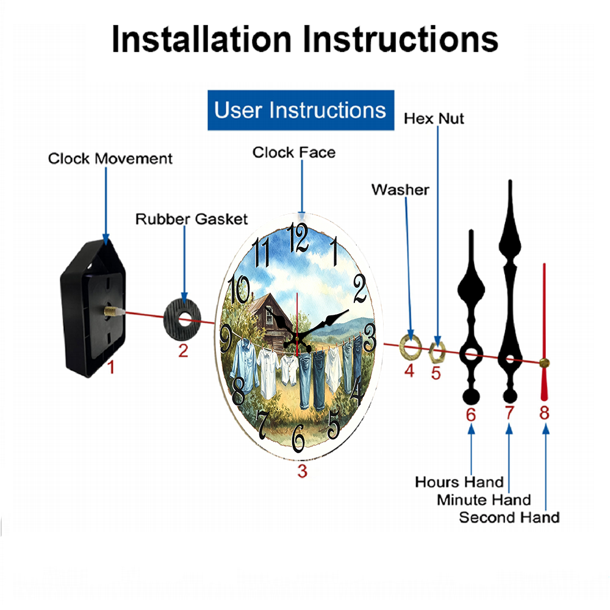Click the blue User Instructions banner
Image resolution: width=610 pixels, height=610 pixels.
point(301,110)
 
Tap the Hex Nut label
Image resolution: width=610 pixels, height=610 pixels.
point(434,119)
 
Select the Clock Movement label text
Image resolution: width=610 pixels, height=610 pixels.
point(110,159)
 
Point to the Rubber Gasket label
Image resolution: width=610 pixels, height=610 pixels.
point(192,219)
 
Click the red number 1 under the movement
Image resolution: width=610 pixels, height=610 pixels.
point(111,367)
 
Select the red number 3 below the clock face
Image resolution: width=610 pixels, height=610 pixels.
point(303,471)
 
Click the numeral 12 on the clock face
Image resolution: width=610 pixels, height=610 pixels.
point(298,238)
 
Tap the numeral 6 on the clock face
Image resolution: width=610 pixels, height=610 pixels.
point(298,439)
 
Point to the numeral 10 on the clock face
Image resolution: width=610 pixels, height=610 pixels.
point(239,289)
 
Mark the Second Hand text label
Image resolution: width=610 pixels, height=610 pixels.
point(509,518)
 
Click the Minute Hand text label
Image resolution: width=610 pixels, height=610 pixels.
point(484,500)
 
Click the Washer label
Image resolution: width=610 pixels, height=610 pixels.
point(400,190)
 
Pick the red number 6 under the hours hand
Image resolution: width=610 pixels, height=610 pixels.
point(471,415)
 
